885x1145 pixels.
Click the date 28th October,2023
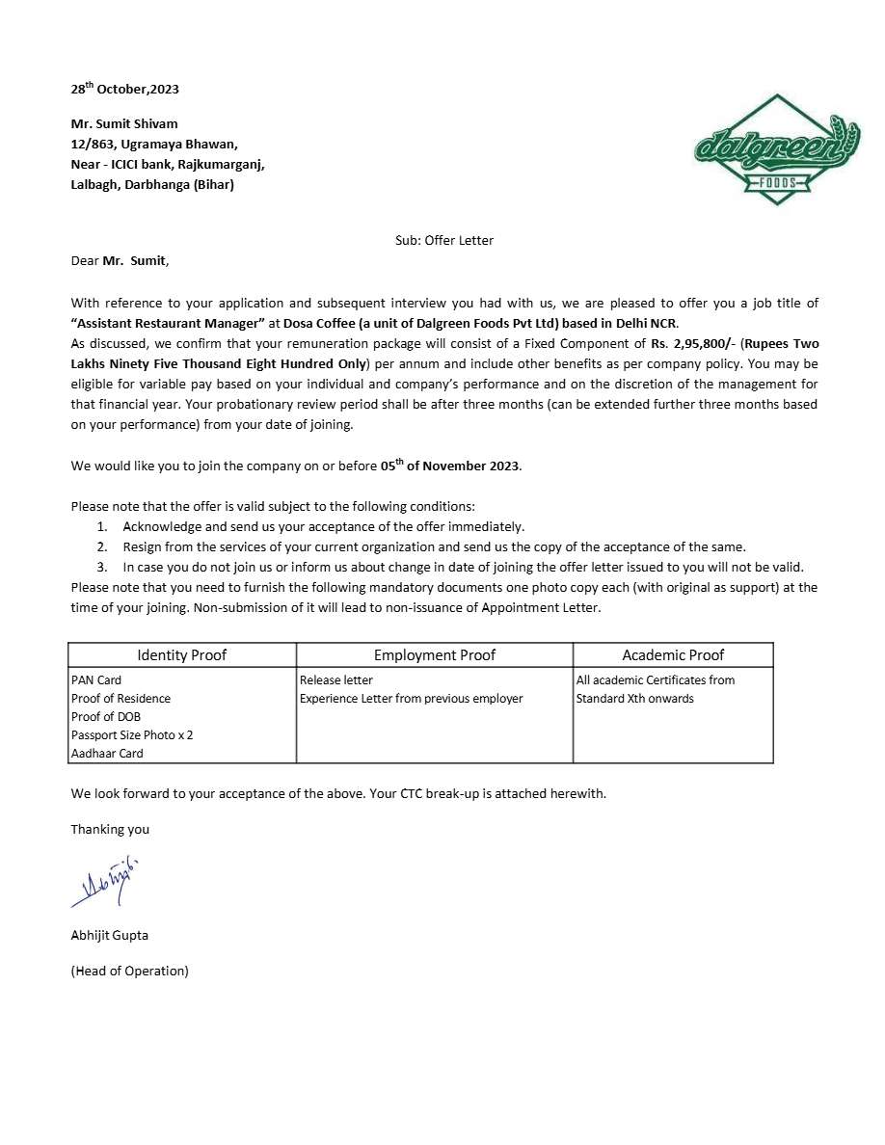(x=124, y=89)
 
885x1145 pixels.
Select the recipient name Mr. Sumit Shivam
(x=124, y=123)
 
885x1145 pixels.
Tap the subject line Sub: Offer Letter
(x=443, y=240)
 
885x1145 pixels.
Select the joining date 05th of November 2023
(x=450, y=466)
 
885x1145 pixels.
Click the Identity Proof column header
(x=181, y=655)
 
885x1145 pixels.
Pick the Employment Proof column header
(x=434, y=655)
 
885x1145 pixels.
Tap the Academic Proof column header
(x=673, y=655)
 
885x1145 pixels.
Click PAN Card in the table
(x=96, y=679)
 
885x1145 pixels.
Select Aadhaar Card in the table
(x=107, y=753)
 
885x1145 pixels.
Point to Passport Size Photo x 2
(x=132, y=734)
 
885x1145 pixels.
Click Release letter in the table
(x=335, y=679)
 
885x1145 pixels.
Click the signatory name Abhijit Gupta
(x=109, y=935)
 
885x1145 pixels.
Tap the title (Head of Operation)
(x=129, y=971)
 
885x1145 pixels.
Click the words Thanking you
(x=110, y=829)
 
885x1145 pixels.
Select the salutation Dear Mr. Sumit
(x=120, y=260)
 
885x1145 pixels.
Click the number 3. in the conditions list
(x=101, y=567)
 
